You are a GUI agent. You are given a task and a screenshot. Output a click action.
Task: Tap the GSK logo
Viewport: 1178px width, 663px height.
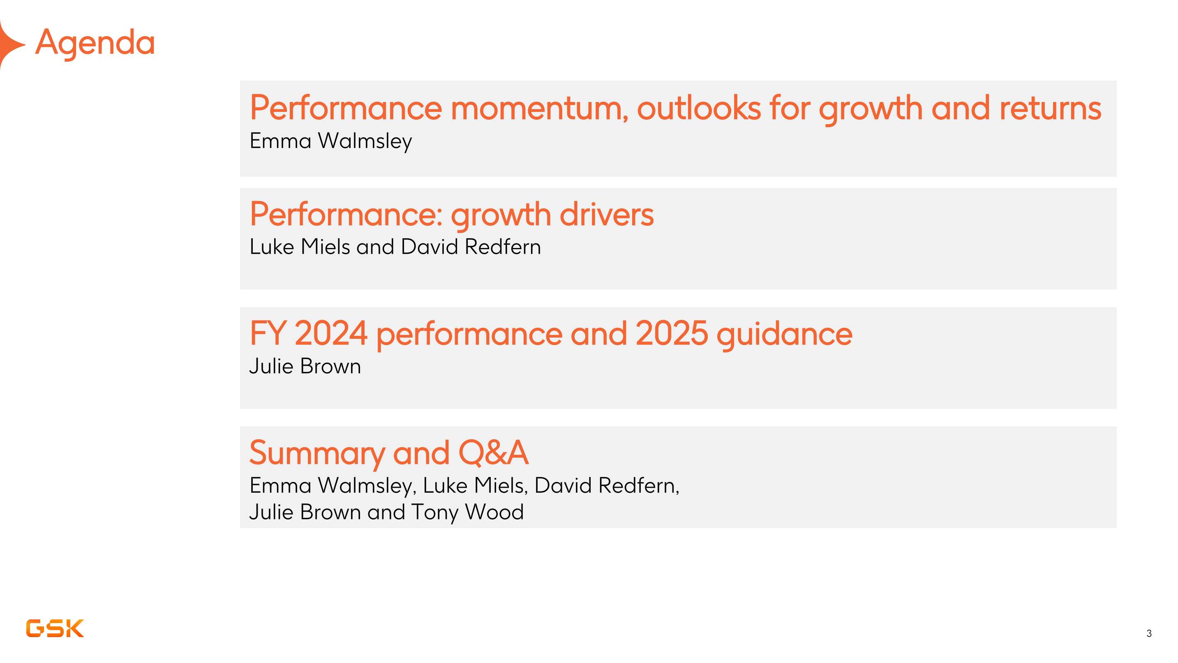55,628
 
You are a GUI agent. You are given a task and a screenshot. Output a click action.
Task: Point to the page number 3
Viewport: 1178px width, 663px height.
1149,633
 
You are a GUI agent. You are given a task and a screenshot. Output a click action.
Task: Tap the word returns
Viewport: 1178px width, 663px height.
1051,109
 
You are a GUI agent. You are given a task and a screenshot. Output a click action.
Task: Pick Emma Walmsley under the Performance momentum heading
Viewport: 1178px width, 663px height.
330,141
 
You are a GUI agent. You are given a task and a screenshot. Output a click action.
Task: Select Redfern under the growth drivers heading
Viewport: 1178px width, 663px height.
503,247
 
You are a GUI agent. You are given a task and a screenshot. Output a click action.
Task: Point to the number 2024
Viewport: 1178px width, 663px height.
331,333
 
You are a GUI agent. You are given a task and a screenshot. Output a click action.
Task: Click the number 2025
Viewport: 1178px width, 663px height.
672,333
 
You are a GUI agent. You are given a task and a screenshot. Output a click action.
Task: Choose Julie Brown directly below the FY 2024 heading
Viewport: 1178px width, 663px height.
305,366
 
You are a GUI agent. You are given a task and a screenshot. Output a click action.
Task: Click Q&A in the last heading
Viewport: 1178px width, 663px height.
493,453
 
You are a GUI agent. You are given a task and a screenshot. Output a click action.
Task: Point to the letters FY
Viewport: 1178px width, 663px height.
268,333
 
